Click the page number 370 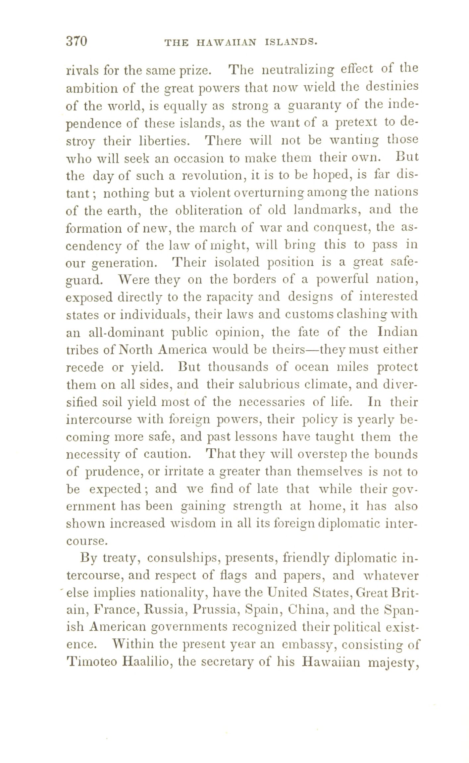point(77,42)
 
